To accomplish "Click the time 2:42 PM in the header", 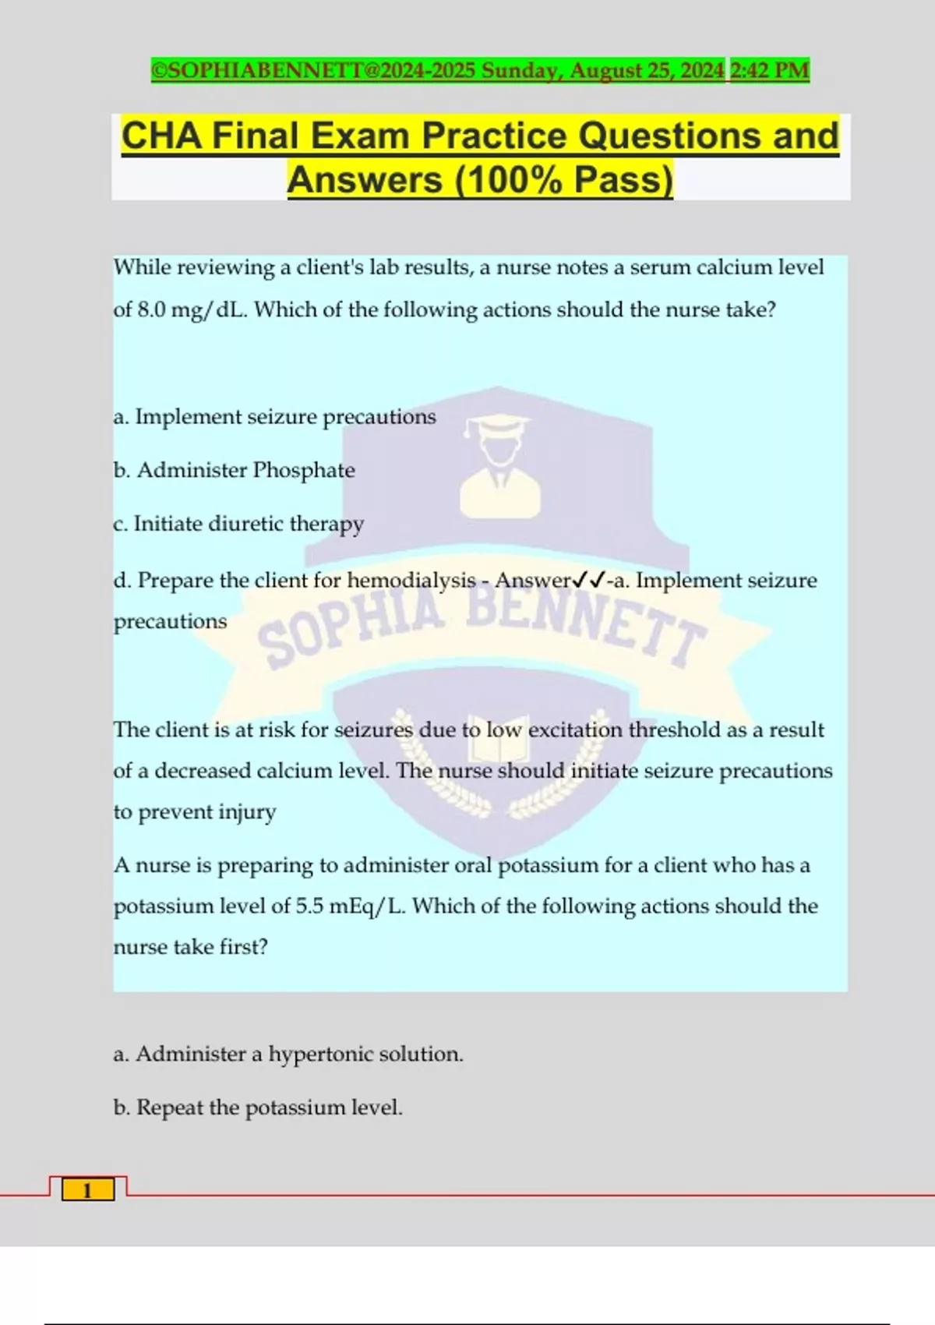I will tap(769, 71).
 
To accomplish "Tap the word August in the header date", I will tap(607, 71).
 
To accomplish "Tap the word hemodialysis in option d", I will tap(411, 581).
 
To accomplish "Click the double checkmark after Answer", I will tap(589, 581).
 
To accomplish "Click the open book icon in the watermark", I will tap(499, 740).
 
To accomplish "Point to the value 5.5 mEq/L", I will tap(351, 906).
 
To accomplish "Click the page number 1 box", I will tap(87, 1190).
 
